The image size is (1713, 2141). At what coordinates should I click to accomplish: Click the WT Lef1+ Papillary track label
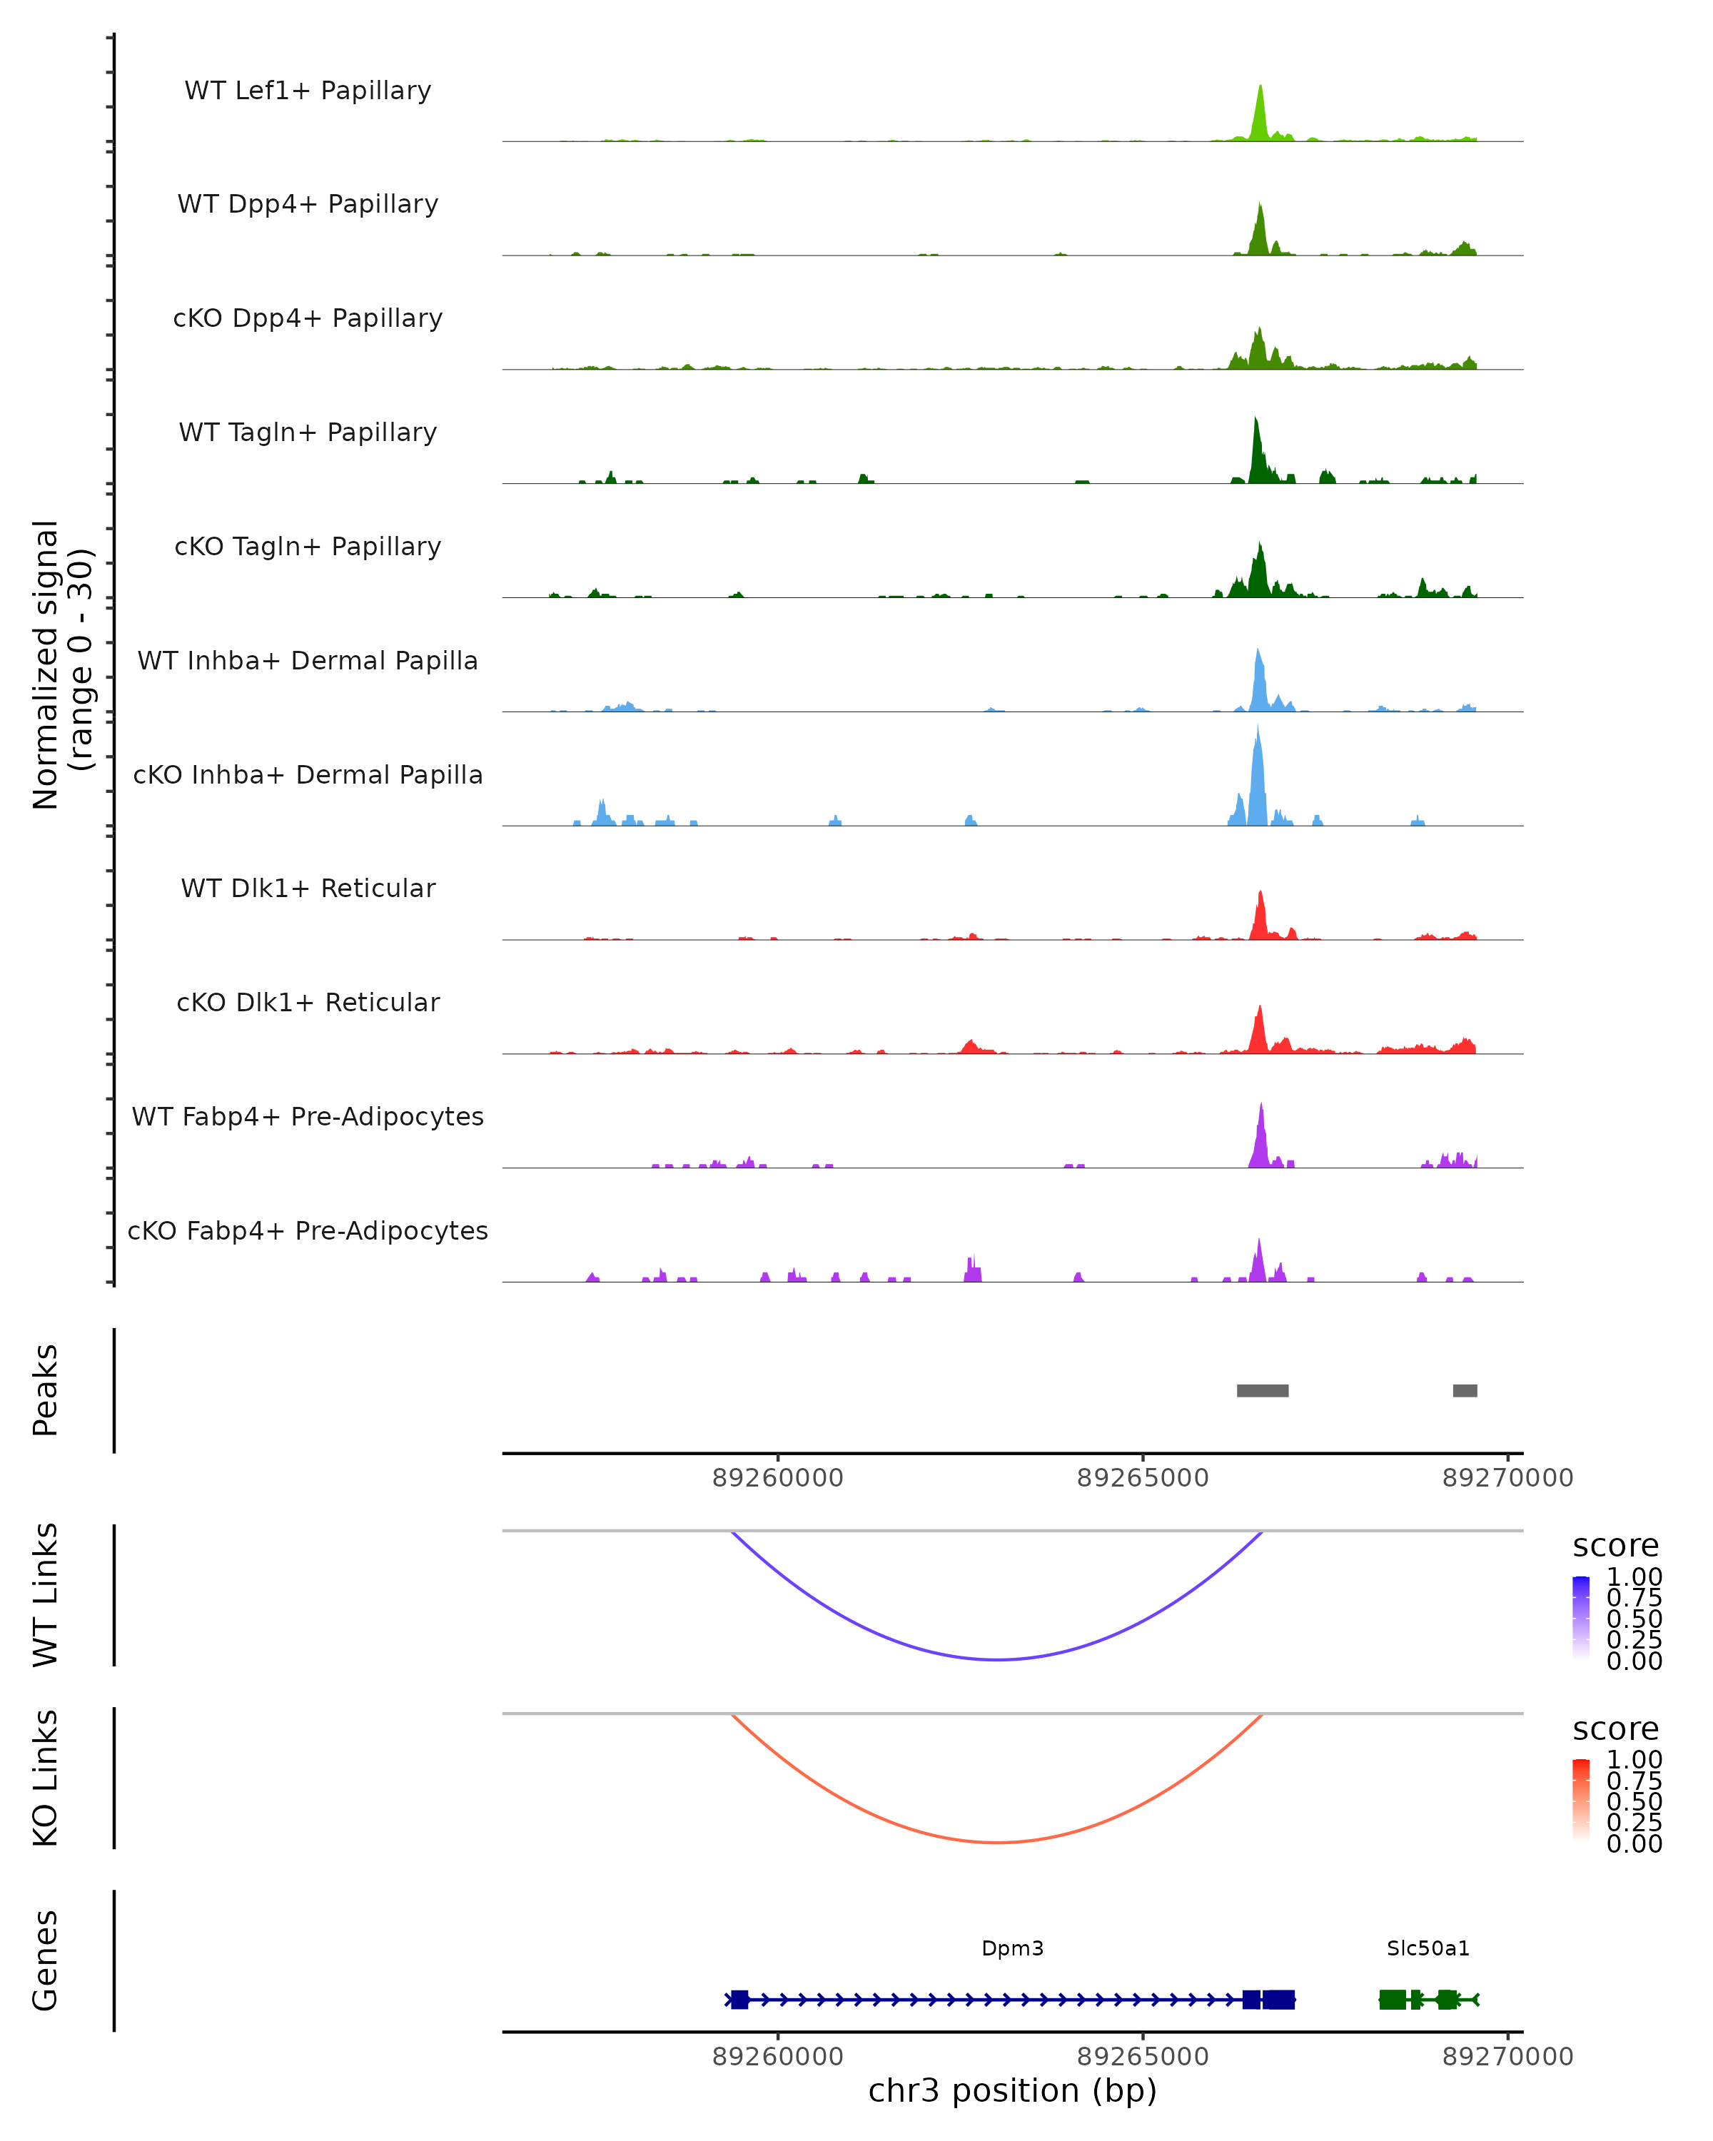[308, 91]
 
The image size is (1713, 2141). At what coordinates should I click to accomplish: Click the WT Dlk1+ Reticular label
[308, 888]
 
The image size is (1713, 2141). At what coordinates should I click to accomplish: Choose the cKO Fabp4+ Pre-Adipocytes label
[308, 1230]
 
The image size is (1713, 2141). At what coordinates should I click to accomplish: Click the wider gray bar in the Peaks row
[1262, 1390]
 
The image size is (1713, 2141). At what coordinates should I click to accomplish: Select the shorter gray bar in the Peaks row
[1465, 1390]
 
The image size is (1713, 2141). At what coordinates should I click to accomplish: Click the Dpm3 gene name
[1012, 1948]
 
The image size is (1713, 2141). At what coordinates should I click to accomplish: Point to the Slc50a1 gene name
[1428, 1948]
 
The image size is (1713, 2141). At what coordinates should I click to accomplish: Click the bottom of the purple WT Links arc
[997, 1659]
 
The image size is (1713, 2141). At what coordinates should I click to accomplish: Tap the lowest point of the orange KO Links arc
[997, 1842]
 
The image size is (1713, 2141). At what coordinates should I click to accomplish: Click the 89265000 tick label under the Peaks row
[1143, 1478]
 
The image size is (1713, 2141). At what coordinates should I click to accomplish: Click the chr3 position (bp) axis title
[1012, 2091]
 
